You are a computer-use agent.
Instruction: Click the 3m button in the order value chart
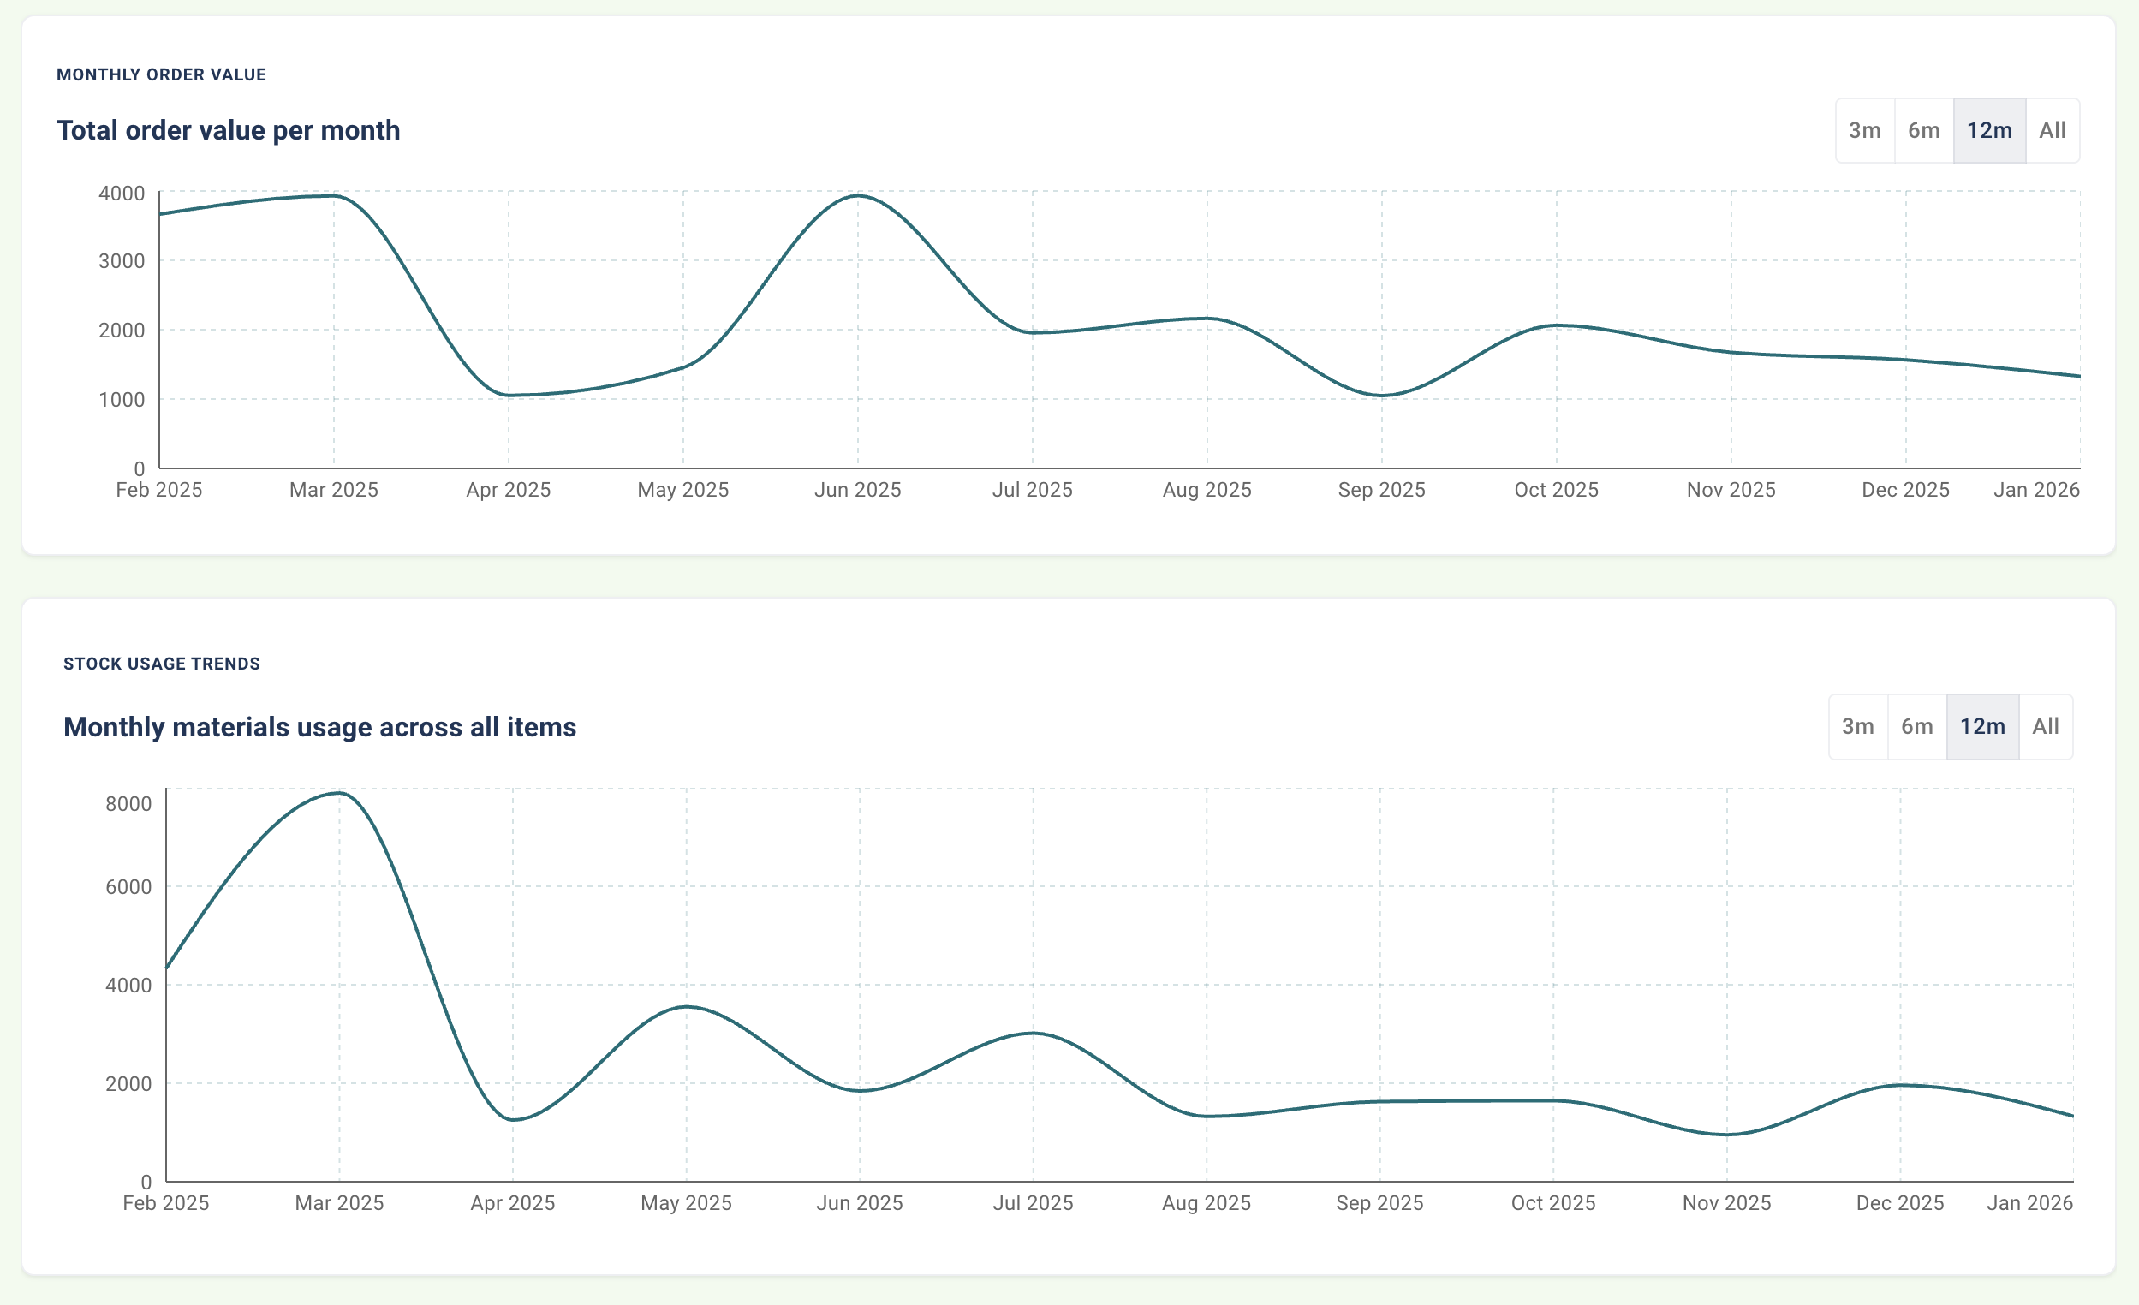pos(1864,130)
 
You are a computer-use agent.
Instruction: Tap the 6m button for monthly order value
pos(1923,130)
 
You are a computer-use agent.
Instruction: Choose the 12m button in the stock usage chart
pos(1982,726)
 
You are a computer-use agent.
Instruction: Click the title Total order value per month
pos(229,130)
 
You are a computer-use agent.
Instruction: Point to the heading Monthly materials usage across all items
pos(319,726)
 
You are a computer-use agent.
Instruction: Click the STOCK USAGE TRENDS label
pos(162,664)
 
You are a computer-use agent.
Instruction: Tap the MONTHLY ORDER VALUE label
pos(162,74)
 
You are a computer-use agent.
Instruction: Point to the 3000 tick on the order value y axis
pos(122,260)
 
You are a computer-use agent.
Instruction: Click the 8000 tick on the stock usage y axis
pos(128,803)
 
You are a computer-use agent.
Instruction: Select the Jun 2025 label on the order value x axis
pos(858,490)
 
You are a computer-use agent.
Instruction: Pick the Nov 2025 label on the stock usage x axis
pos(1725,1202)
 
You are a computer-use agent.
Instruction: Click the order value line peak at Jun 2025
pos(858,195)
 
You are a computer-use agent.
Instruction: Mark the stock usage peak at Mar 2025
pos(339,793)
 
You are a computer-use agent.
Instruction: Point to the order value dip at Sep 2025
pos(1381,396)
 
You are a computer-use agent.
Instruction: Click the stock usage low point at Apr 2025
pos(513,1119)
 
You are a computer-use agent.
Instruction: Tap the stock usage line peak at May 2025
pos(687,1006)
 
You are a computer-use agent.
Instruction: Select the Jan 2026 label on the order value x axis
pos(2035,490)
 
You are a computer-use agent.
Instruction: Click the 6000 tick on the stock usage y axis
pos(128,886)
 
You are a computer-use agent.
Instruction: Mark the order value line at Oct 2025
pos(1557,325)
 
